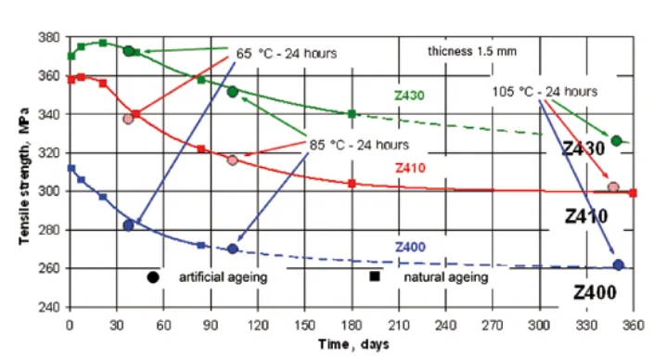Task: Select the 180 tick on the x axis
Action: click(352, 325)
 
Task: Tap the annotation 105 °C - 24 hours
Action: click(545, 91)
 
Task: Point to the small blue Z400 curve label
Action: click(409, 247)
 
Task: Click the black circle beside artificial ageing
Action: click(153, 276)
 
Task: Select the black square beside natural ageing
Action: click(375, 276)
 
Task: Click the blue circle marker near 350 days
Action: click(619, 265)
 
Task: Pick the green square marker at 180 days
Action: click(352, 114)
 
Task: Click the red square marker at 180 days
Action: click(352, 184)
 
